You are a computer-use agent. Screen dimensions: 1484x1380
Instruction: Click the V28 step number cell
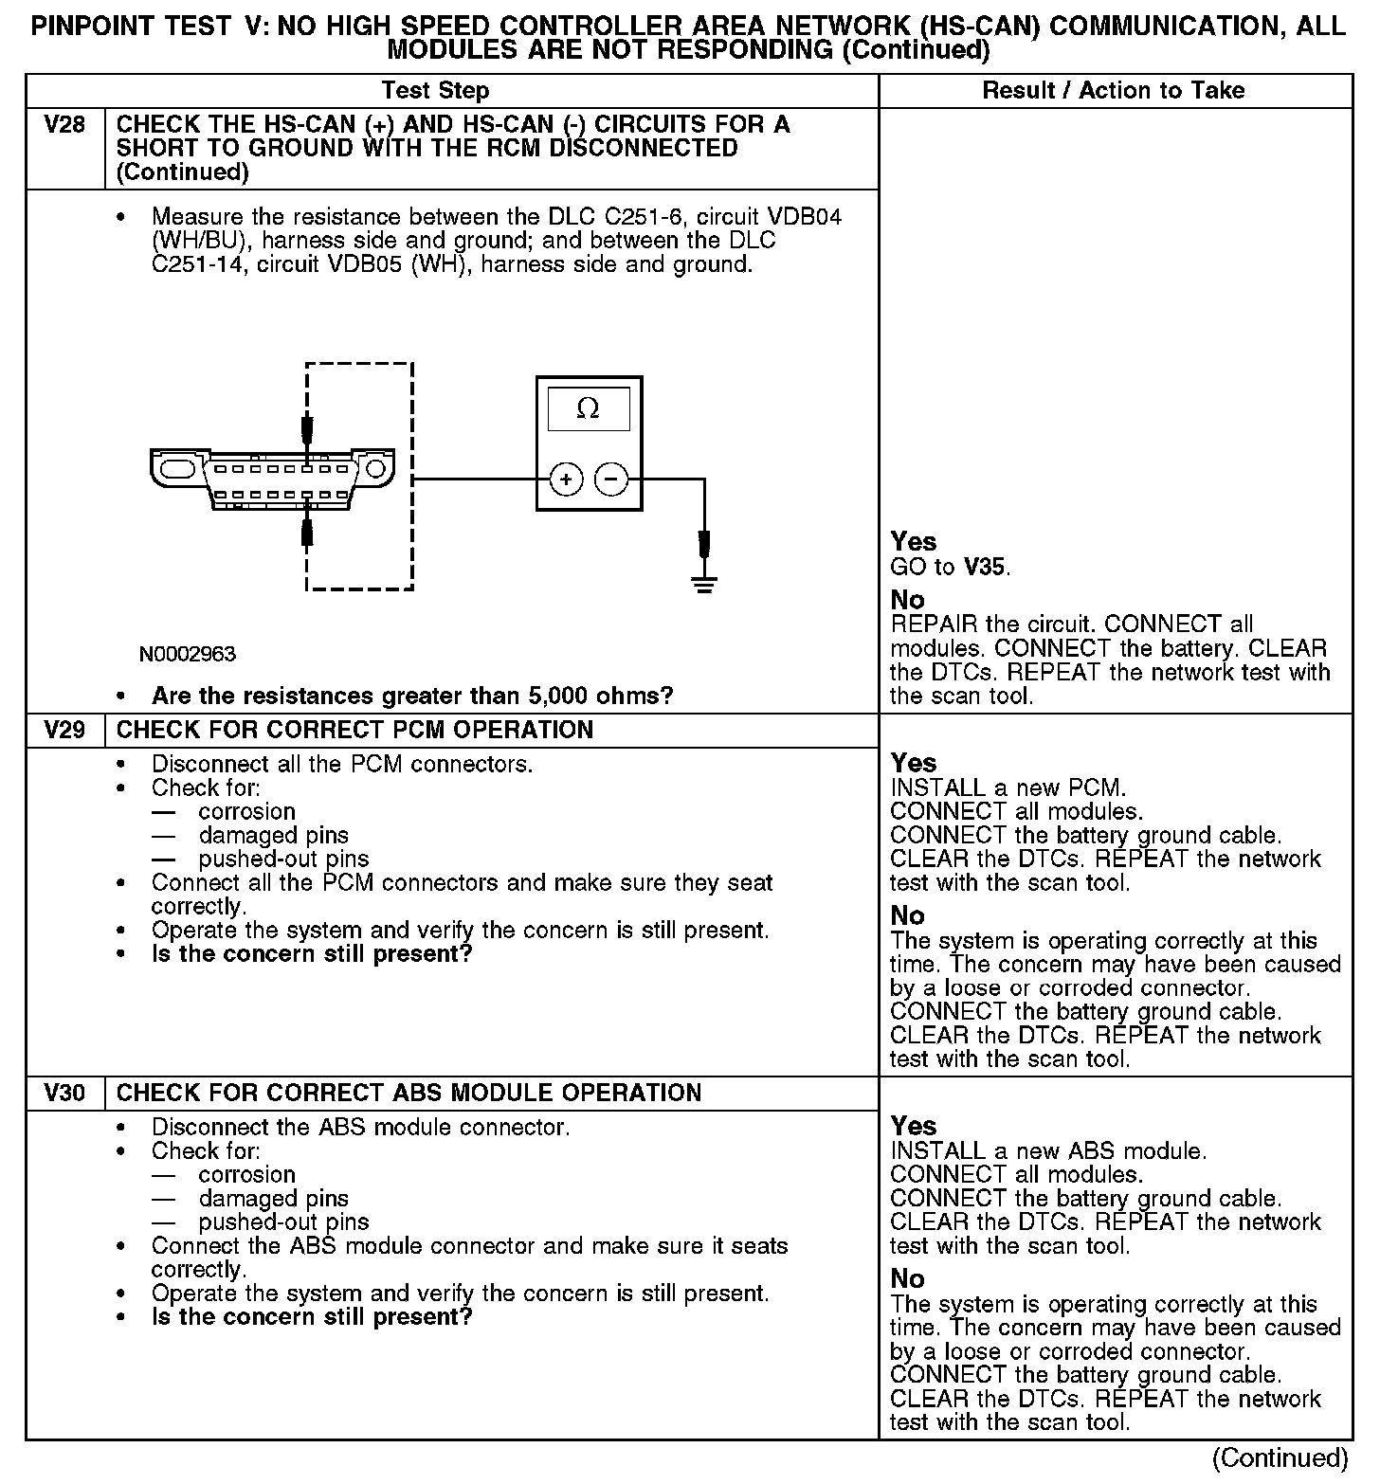click(x=64, y=125)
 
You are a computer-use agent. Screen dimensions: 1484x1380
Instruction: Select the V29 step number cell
click(x=64, y=731)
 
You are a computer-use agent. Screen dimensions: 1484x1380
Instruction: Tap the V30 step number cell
click(x=64, y=1094)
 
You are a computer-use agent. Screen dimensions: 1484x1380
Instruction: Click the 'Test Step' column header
click(x=435, y=91)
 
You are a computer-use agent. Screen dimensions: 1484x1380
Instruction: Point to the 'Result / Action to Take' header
click(x=1113, y=91)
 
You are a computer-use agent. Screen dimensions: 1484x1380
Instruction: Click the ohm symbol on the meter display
click(x=588, y=408)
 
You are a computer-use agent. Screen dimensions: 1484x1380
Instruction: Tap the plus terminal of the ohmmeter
click(x=566, y=480)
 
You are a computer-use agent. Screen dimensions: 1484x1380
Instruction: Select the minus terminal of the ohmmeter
click(x=610, y=480)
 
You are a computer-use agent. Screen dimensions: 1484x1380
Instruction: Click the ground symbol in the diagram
click(x=703, y=583)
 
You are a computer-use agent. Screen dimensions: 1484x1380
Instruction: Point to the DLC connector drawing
click(x=271, y=479)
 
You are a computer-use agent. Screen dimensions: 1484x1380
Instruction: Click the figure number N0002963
click(x=188, y=654)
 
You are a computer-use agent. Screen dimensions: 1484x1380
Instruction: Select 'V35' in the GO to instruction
click(x=985, y=568)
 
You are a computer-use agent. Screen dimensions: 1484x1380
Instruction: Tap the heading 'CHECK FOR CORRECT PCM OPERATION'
click(x=354, y=731)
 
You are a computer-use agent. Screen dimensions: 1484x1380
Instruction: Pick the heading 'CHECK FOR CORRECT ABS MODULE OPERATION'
click(x=409, y=1094)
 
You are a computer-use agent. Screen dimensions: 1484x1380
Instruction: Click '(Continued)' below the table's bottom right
click(x=1280, y=1457)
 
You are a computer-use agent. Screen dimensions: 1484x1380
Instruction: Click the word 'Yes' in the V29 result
click(x=914, y=763)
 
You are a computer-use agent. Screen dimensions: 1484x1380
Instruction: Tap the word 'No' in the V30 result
click(x=907, y=1278)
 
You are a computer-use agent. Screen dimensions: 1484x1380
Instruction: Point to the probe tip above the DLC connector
click(x=307, y=431)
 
